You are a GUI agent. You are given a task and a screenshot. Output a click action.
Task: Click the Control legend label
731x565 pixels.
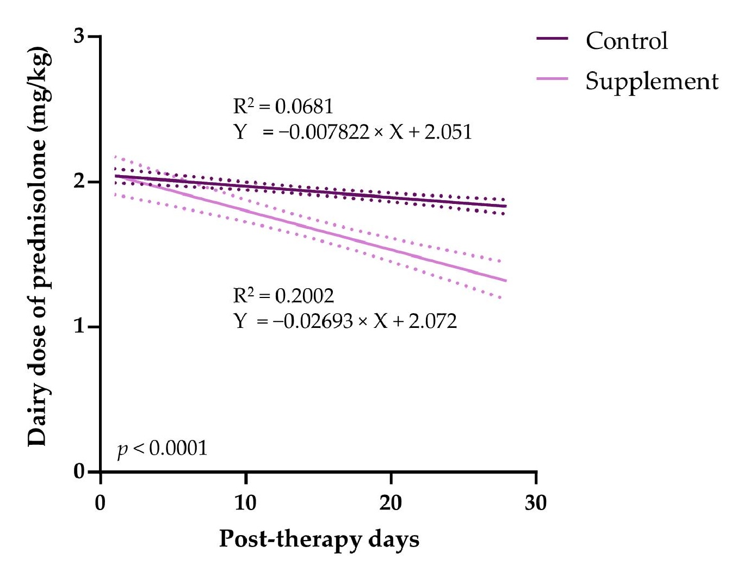tap(627, 41)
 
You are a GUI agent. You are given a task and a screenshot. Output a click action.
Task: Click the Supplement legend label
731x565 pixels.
tap(652, 82)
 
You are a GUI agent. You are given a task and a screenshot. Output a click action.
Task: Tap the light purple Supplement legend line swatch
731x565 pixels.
tap(552, 79)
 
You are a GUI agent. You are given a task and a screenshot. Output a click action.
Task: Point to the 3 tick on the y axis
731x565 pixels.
tap(79, 36)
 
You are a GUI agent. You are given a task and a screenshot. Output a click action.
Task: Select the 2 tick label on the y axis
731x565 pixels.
tap(79, 182)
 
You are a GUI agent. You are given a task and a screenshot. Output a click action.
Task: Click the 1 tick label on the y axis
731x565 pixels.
tap(80, 327)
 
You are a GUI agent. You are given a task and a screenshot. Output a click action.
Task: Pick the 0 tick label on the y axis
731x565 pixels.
tap(79, 471)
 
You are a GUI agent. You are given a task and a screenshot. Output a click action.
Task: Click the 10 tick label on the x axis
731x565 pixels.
tap(245, 503)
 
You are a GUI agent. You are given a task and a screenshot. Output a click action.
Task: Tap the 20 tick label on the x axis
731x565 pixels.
tap(391, 503)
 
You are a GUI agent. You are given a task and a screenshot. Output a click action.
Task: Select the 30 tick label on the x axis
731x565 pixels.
tap(536, 503)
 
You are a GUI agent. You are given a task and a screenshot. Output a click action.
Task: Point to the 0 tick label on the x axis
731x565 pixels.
tap(101, 503)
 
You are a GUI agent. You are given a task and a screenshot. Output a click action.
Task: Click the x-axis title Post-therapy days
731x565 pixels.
tap(319, 539)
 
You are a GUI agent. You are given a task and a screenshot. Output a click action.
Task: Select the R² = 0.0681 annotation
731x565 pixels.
tap(283, 107)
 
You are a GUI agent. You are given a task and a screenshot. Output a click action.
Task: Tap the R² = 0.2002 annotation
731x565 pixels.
tap(283, 296)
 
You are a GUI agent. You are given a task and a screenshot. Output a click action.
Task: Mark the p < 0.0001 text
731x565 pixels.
tap(163, 449)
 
